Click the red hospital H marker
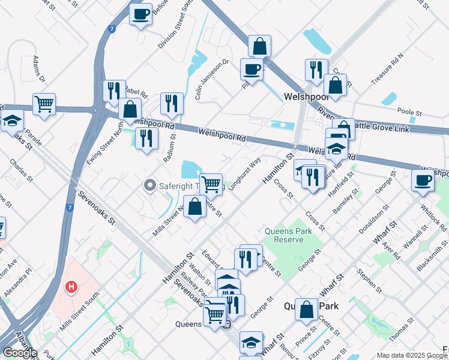point(71,288)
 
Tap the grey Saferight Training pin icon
point(150,186)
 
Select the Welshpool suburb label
point(305,97)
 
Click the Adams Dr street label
point(40,70)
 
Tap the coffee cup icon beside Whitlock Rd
point(423,179)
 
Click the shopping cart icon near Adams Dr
point(44,104)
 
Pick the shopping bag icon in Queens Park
point(306,310)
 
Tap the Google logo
point(19,353)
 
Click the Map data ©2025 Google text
point(411,355)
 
